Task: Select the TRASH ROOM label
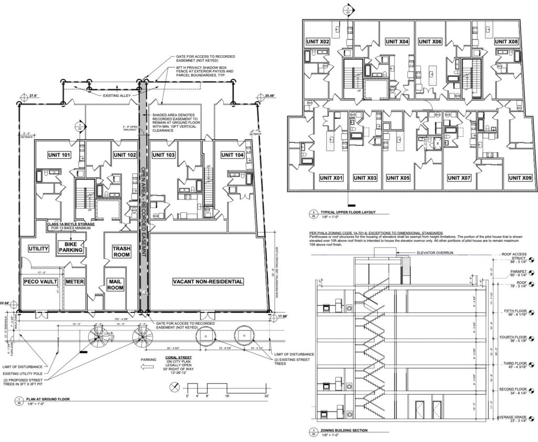(x=124, y=251)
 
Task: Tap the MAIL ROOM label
(x=116, y=285)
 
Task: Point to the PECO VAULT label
(x=40, y=282)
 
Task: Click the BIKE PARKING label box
(x=71, y=248)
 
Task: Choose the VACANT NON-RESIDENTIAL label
(x=208, y=282)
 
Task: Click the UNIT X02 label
(x=318, y=42)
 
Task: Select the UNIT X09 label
(x=520, y=178)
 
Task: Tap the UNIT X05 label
(x=398, y=178)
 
